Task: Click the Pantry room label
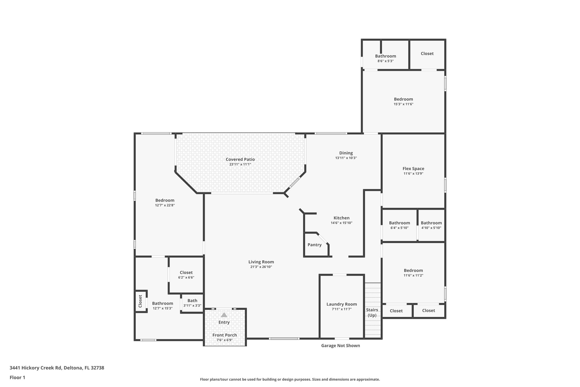(314, 245)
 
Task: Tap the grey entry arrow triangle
(224, 315)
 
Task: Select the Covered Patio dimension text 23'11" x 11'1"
(240, 164)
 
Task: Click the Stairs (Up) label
(372, 312)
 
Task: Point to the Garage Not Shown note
(340, 346)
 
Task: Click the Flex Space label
(413, 169)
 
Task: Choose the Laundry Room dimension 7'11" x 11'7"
(342, 309)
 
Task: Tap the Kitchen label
(341, 218)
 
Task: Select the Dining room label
(346, 153)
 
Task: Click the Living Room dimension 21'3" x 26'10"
(261, 267)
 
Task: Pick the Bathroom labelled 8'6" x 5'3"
(385, 56)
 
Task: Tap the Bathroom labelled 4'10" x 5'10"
(431, 223)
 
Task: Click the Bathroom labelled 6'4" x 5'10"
(399, 223)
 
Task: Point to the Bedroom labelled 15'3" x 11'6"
(403, 99)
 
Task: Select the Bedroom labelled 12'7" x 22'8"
(165, 200)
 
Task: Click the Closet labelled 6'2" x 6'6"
(186, 273)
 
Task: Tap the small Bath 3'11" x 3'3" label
(192, 301)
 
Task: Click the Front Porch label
(225, 335)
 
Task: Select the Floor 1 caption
(17, 377)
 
